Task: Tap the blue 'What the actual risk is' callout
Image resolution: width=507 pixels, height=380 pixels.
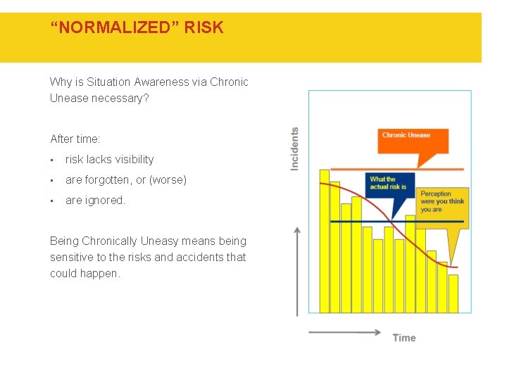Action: tap(389, 187)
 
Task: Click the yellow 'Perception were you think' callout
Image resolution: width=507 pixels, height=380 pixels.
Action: tap(444, 201)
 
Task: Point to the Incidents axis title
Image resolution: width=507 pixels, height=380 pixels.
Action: tap(294, 148)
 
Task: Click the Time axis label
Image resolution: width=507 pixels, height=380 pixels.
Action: tap(404, 338)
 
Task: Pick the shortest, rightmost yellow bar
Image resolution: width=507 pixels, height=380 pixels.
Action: tap(453, 293)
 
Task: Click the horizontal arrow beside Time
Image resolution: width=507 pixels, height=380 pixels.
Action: tap(345, 332)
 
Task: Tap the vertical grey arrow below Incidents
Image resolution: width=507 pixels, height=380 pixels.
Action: tap(298, 271)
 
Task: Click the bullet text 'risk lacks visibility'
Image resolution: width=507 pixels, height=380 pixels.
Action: tap(109, 160)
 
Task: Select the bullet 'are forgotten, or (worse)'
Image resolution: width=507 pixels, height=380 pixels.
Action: tap(126, 180)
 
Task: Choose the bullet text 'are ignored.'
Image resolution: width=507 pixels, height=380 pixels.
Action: tap(95, 201)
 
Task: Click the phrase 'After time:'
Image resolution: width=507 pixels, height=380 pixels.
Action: tap(75, 139)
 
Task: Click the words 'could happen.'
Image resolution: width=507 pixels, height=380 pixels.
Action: tap(85, 274)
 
